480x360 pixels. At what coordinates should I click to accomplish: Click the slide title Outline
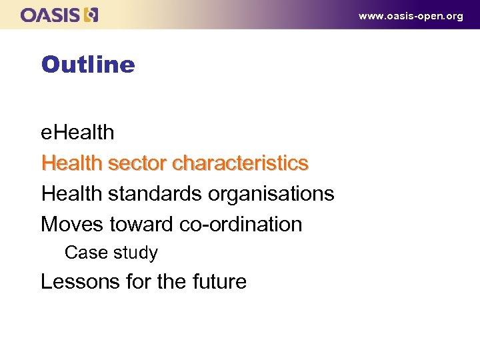(87, 65)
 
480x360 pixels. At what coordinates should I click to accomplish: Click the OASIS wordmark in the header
(51, 15)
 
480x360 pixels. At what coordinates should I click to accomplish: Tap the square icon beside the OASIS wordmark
(92, 15)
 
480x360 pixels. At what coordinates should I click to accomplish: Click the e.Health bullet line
(77, 133)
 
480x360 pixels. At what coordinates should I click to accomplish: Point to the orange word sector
(137, 163)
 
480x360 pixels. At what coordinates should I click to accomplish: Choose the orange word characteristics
(240, 163)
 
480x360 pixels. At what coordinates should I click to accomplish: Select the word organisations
(271, 194)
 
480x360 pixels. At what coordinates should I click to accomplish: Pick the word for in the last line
(139, 282)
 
